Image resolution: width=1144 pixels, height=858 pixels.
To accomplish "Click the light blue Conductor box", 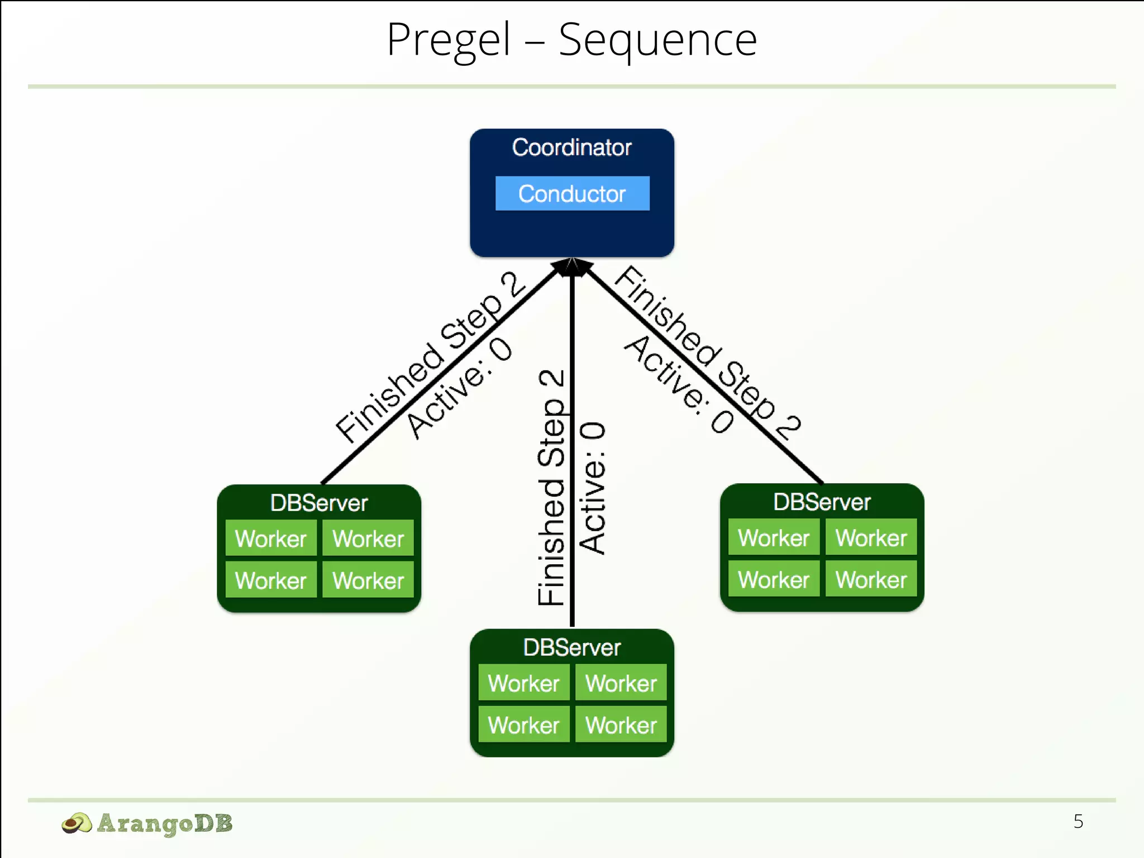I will pos(572,193).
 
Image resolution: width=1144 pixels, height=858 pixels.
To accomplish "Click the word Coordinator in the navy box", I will pos(572,147).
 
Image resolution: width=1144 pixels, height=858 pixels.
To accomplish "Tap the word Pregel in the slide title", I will pos(448,40).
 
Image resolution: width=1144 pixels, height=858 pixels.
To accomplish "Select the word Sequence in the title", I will pos(657,40).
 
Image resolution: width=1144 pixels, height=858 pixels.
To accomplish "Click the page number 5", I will pos(1078,821).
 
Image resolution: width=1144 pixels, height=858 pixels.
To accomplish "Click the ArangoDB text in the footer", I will pos(165,823).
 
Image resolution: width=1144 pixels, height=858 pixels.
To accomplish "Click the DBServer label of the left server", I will pos(319,503).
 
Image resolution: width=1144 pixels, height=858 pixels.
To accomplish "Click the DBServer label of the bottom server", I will pos(572,647).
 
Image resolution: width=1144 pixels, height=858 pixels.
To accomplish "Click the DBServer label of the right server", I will pos(822,502).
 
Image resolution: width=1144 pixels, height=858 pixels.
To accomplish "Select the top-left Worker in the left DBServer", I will pos(271,538).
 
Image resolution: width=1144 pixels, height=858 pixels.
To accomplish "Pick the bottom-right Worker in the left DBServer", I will pos(368,580).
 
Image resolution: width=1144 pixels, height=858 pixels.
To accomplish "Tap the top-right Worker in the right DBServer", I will pos(871,537).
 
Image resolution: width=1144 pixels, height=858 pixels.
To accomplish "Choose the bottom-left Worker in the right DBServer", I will pos(774,579).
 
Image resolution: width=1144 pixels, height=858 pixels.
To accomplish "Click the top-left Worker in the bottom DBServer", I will pos(523,683).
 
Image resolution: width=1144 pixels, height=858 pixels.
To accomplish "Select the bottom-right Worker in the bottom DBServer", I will pos(621,725).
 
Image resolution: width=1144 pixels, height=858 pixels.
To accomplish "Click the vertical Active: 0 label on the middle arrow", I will pos(592,488).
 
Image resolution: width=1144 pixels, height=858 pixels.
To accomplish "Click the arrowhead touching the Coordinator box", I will pos(572,267).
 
